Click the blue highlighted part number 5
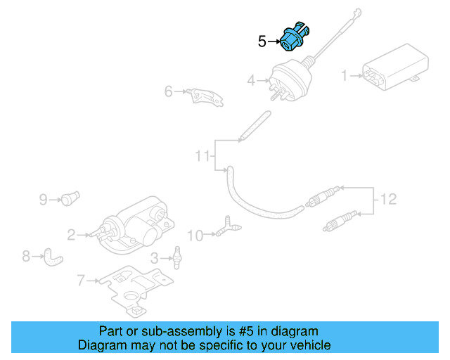tap(294, 39)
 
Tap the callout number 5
tap(262, 42)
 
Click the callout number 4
tap(252, 82)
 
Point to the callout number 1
tap(345, 75)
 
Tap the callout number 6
tap(169, 91)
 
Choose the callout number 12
tap(388, 200)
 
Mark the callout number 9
tap(43, 200)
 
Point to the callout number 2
tap(71, 234)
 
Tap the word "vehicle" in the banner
tap(310, 345)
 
